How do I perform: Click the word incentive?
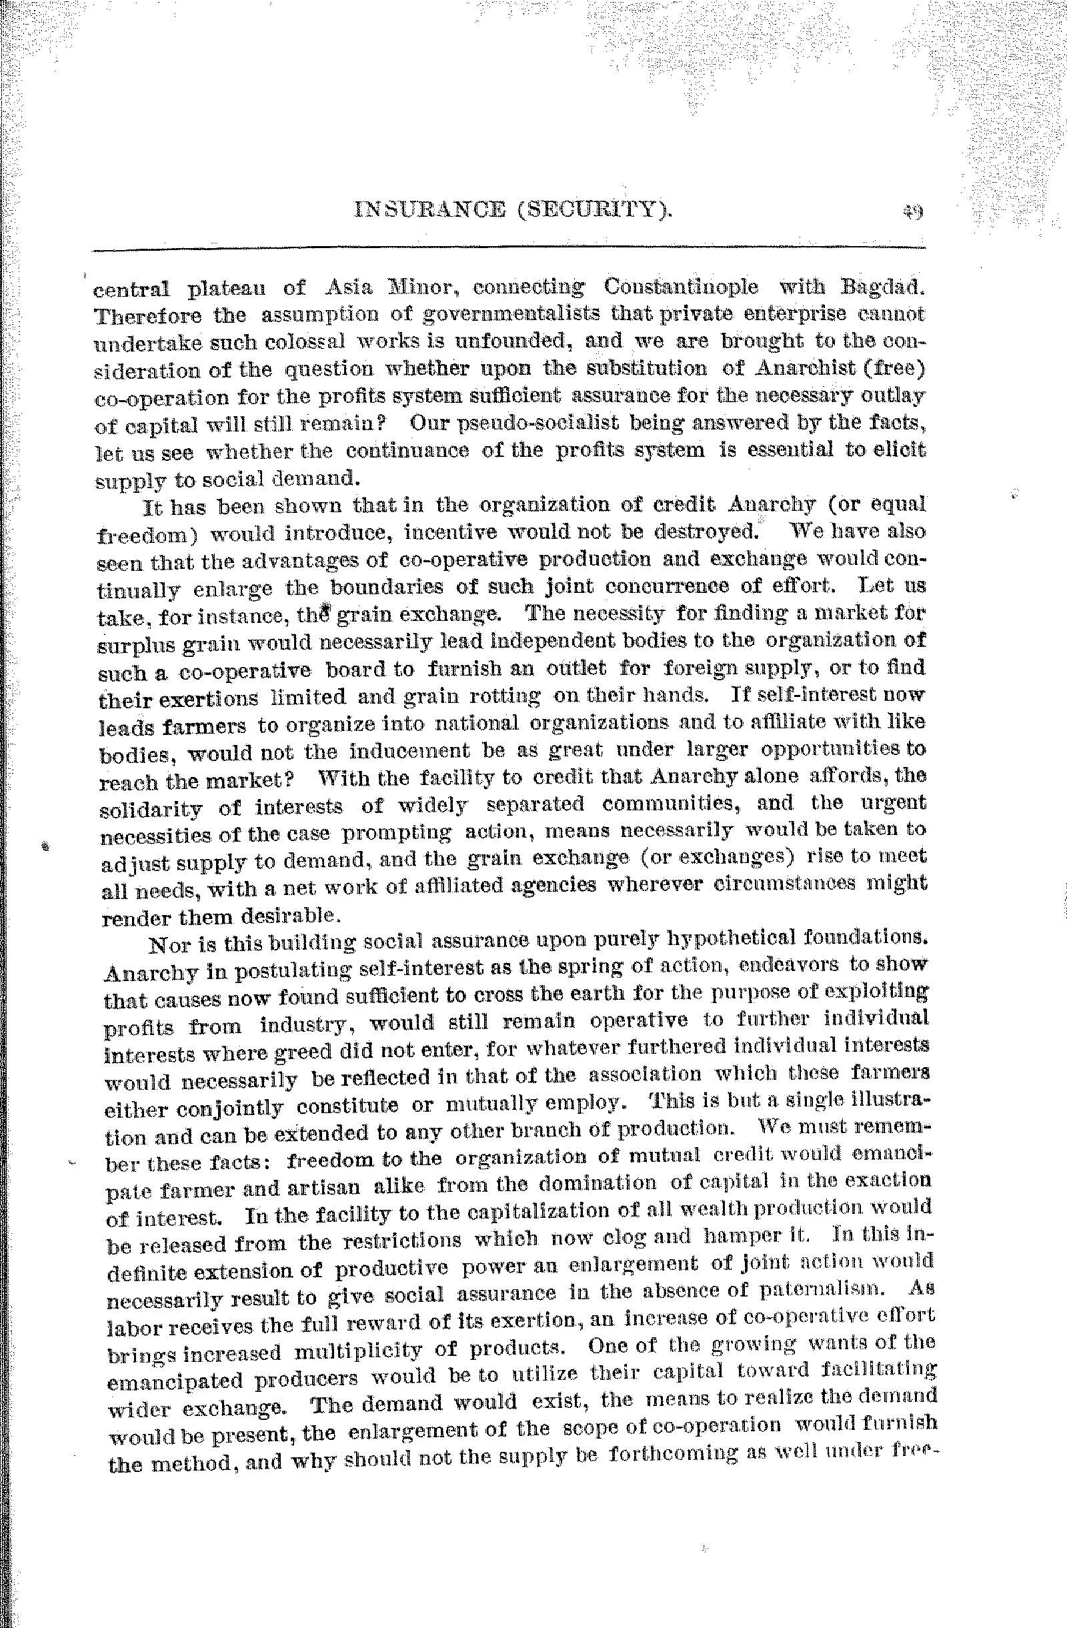tap(456, 532)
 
